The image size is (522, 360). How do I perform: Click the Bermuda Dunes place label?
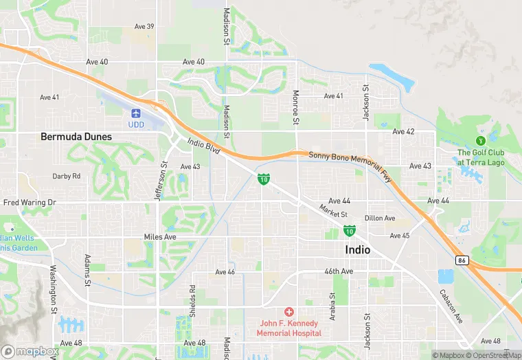pos(76,137)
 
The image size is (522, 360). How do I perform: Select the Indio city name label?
pos(357,250)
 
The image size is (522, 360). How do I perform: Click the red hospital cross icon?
pos(289,312)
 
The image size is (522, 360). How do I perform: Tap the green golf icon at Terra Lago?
pos(481,141)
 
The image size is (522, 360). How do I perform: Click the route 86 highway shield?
pos(461,260)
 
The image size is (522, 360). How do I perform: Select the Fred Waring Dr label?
pos(29,203)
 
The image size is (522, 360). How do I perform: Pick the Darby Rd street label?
pos(67,177)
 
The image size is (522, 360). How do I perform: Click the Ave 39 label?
pos(144,27)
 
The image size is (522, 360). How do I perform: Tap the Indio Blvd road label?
pos(203,146)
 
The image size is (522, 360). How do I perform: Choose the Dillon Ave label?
pos(380,218)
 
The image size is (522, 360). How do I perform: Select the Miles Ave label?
pos(160,237)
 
